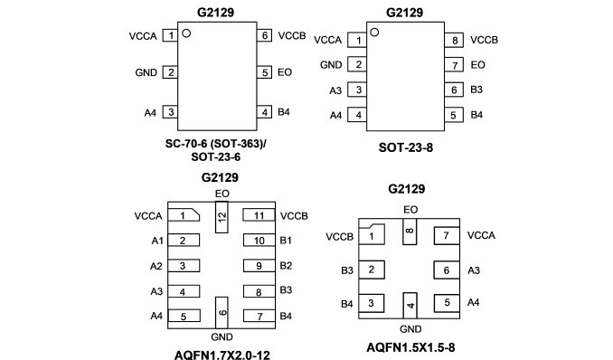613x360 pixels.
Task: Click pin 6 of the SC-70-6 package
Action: pyautogui.click(x=264, y=35)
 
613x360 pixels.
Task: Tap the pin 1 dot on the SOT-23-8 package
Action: pyautogui.click(x=374, y=32)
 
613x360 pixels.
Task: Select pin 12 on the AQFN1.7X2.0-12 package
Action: pyautogui.click(x=222, y=217)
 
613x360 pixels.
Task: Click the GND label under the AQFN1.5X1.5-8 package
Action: pyautogui.click(x=410, y=329)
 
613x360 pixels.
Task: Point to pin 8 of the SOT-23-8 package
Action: pyautogui.click(x=454, y=40)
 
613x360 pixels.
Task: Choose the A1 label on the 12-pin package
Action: pyautogui.click(x=157, y=241)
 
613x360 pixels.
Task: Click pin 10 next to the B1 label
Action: pyautogui.click(x=259, y=241)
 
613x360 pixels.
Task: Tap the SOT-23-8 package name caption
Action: pyautogui.click(x=406, y=147)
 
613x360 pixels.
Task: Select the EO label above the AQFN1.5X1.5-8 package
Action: pyautogui.click(x=410, y=210)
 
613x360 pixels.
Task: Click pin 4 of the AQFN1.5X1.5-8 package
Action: pyautogui.click(x=410, y=305)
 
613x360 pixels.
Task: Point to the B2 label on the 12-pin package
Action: pyautogui.click(x=286, y=266)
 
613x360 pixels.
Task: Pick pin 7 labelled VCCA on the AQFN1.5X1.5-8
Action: pyautogui.click(x=447, y=235)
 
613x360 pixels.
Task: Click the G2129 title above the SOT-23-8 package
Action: pyautogui.click(x=405, y=13)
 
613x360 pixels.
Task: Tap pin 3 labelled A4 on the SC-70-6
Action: pyautogui.click(x=171, y=112)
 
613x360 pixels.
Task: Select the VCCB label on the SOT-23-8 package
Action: pyautogui.click(x=484, y=40)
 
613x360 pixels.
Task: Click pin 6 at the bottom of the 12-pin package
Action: pyautogui.click(x=222, y=312)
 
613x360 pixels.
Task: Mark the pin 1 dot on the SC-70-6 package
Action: pyautogui.click(x=186, y=33)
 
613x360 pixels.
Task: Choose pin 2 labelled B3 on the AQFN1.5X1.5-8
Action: pyautogui.click(x=372, y=270)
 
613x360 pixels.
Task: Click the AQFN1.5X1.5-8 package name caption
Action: pyautogui.click(x=410, y=347)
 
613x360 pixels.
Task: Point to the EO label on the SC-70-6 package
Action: pyautogui.click(x=285, y=72)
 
